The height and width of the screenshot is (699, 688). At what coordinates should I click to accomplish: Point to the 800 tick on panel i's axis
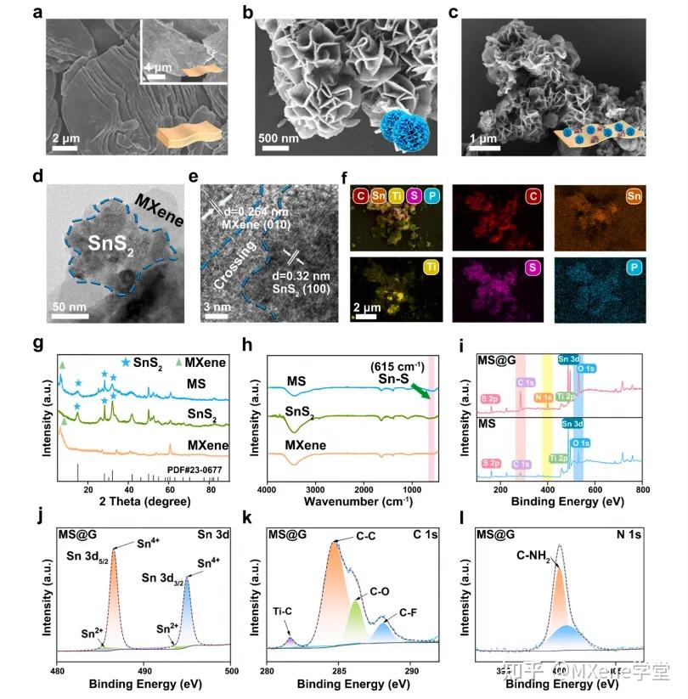[643, 491]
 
